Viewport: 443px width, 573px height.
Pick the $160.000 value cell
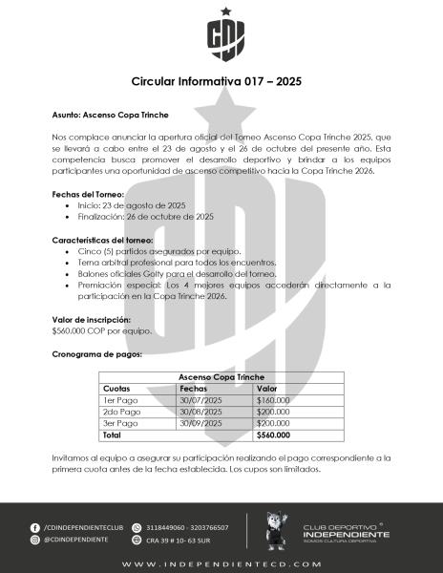click(x=273, y=400)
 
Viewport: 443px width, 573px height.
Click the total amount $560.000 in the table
click(x=273, y=435)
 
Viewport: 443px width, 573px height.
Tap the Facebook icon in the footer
click(x=35, y=526)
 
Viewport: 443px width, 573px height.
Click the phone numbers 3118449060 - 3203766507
click(x=187, y=526)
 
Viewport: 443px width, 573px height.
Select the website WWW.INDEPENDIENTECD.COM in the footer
click(x=221, y=563)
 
